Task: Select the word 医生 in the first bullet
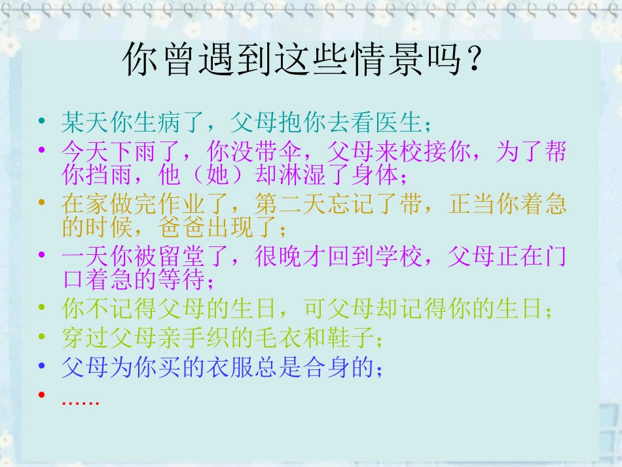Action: (401, 122)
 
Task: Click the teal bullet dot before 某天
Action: (42, 122)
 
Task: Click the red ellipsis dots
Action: (80, 400)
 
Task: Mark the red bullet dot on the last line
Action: (42, 395)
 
